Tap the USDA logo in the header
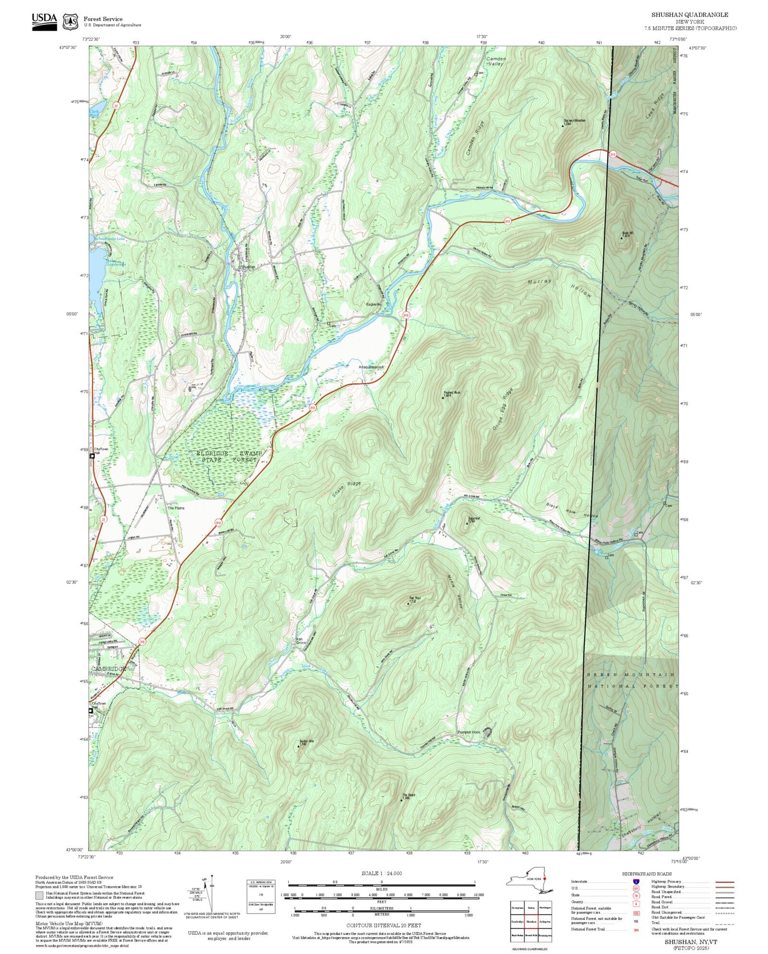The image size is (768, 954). click(44, 21)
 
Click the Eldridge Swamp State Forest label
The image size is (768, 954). click(229, 456)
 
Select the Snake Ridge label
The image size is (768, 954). click(347, 489)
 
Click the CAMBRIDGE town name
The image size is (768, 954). click(108, 669)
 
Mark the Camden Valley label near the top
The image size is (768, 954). click(495, 61)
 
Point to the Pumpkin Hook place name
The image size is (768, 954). click(468, 732)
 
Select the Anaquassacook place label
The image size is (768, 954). click(371, 367)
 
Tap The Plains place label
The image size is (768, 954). click(176, 508)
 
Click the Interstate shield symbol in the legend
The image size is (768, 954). click(636, 881)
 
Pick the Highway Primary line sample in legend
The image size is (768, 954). click(724, 882)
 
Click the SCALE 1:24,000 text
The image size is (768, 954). click(381, 873)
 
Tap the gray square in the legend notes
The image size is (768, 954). click(40, 895)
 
